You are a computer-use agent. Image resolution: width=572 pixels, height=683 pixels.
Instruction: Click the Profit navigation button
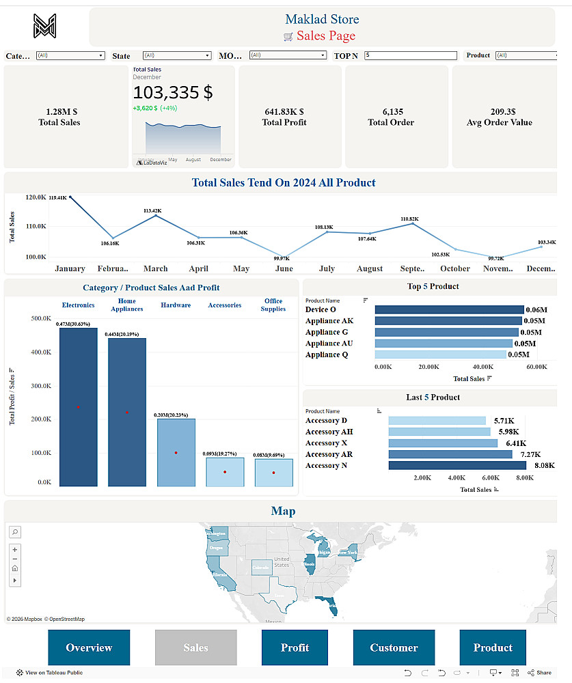point(295,647)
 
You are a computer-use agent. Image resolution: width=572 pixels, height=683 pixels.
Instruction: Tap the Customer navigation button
point(394,647)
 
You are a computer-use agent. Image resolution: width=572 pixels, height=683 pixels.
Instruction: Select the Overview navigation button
point(89,647)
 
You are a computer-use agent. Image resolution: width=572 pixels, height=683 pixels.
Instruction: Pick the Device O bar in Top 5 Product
point(449,309)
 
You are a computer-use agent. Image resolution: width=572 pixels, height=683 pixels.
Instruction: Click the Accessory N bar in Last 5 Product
point(457,465)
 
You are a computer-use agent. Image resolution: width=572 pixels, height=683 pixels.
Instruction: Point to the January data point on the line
point(70,197)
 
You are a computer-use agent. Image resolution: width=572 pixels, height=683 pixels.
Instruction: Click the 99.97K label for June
point(282,259)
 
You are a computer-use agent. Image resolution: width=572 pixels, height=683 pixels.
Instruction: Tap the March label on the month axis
point(155,269)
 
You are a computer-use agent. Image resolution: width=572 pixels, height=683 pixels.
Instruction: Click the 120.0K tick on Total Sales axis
point(36,197)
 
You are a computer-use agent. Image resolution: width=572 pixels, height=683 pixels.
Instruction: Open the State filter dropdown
point(176,55)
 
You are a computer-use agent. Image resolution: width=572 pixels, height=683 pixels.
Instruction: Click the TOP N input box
point(410,55)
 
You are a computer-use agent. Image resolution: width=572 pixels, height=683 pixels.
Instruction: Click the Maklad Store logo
point(44,26)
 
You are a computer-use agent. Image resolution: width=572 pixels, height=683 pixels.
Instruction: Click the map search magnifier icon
point(15,532)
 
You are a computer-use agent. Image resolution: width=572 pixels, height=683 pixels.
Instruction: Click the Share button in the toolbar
point(540,673)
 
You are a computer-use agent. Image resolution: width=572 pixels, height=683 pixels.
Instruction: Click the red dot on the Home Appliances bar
point(126,412)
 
